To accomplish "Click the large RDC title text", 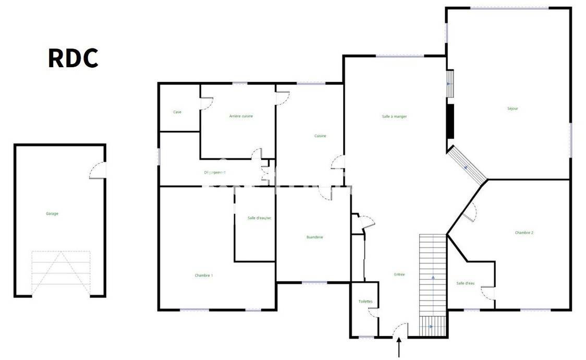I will pyautogui.click(x=73, y=58).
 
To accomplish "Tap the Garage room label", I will pyautogui.click(x=52, y=214).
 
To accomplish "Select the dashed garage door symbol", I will pyautogui.click(x=61, y=274).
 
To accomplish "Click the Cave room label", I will pyautogui.click(x=177, y=112).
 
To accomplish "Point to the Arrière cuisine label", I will pyautogui.click(x=241, y=116).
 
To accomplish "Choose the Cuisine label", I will pyautogui.click(x=320, y=136).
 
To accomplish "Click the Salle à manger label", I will pyautogui.click(x=394, y=117).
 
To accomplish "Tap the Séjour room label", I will pyautogui.click(x=512, y=109).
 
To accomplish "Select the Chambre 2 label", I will pyautogui.click(x=524, y=233).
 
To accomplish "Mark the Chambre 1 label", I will pyautogui.click(x=204, y=276).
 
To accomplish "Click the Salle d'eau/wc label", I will pyautogui.click(x=260, y=218).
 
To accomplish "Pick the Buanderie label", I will pyautogui.click(x=314, y=237).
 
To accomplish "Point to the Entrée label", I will pyautogui.click(x=399, y=275).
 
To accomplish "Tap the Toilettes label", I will pyautogui.click(x=365, y=302).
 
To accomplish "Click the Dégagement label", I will pyautogui.click(x=214, y=172).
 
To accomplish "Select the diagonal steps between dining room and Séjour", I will pyautogui.click(x=467, y=165).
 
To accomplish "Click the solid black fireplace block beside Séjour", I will pyautogui.click(x=450, y=121).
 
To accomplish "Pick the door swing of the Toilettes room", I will pyautogui.click(x=373, y=312).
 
